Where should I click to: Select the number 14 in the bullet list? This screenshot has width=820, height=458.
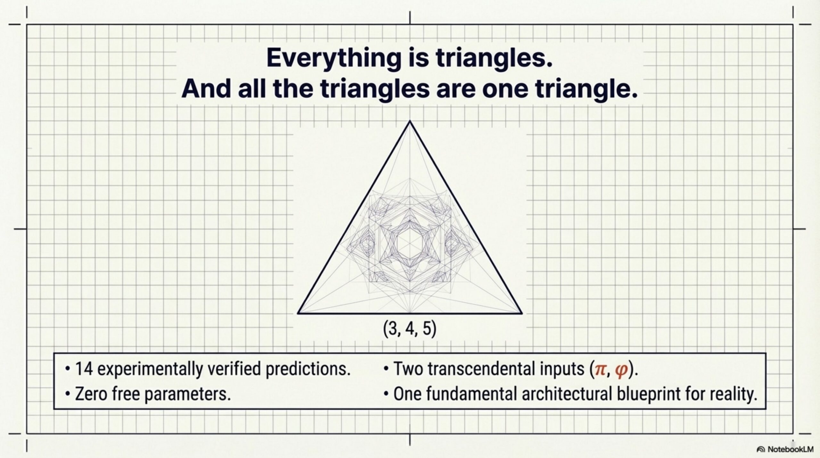point(84,369)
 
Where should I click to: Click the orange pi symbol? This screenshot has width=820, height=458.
point(600,370)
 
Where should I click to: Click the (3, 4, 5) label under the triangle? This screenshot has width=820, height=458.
point(410,329)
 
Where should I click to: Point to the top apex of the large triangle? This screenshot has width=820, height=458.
point(410,121)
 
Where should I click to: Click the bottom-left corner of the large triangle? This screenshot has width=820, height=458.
point(298,313)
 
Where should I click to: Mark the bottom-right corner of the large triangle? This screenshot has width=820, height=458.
point(522,313)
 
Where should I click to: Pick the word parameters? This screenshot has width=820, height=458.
point(187,395)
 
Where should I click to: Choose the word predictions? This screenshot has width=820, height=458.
point(308,370)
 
